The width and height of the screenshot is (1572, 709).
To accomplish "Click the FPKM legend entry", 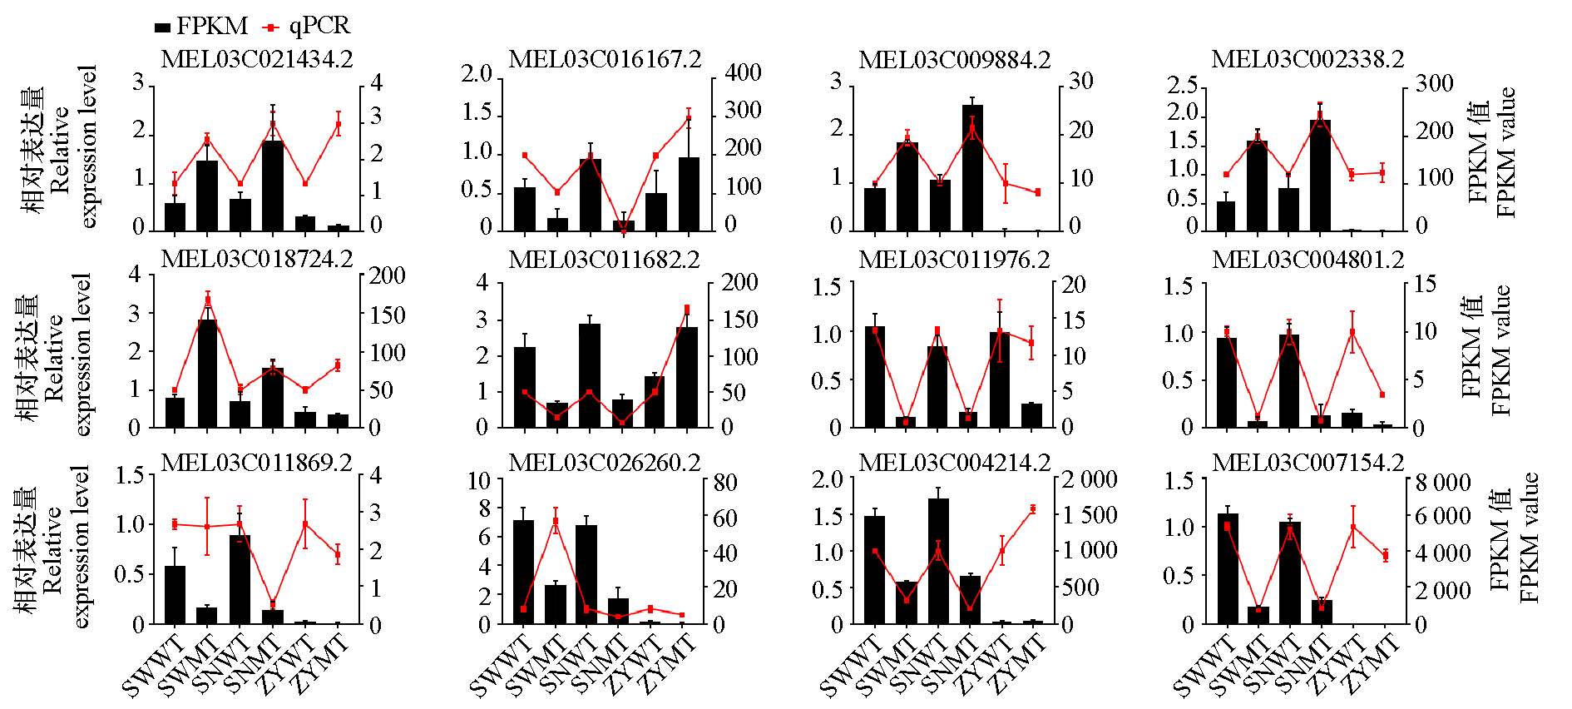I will (x=201, y=27).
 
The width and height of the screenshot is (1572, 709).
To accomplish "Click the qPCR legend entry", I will (x=307, y=27).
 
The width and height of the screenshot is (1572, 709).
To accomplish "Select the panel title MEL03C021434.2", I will (x=256, y=59).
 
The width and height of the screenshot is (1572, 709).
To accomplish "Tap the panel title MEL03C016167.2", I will (x=605, y=59).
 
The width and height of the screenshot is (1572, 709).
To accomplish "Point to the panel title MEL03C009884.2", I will (x=954, y=60).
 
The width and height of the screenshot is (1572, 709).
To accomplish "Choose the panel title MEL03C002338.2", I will (x=1308, y=59).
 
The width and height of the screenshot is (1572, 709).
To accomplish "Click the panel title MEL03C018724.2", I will (x=256, y=259).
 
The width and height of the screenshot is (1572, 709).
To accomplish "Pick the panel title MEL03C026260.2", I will (x=605, y=462).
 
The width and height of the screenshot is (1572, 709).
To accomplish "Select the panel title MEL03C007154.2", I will (x=1308, y=462).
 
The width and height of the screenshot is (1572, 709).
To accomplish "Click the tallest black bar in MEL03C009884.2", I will (x=972, y=167).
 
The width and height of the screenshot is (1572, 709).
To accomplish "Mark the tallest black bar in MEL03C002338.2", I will (x=1320, y=175).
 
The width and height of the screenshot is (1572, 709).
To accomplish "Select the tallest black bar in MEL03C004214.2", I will (x=938, y=561).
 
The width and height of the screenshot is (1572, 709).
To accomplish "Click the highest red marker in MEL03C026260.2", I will (x=556, y=522).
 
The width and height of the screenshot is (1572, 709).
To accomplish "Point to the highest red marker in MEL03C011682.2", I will (x=687, y=309).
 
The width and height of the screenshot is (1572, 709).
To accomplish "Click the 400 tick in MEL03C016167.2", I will (x=743, y=73).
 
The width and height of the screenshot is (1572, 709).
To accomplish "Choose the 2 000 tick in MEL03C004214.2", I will (x=1089, y=479).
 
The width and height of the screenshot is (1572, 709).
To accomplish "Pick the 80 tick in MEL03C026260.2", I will (x=725, y=483).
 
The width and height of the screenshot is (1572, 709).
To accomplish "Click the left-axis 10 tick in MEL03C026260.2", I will (x=480, y=481).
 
